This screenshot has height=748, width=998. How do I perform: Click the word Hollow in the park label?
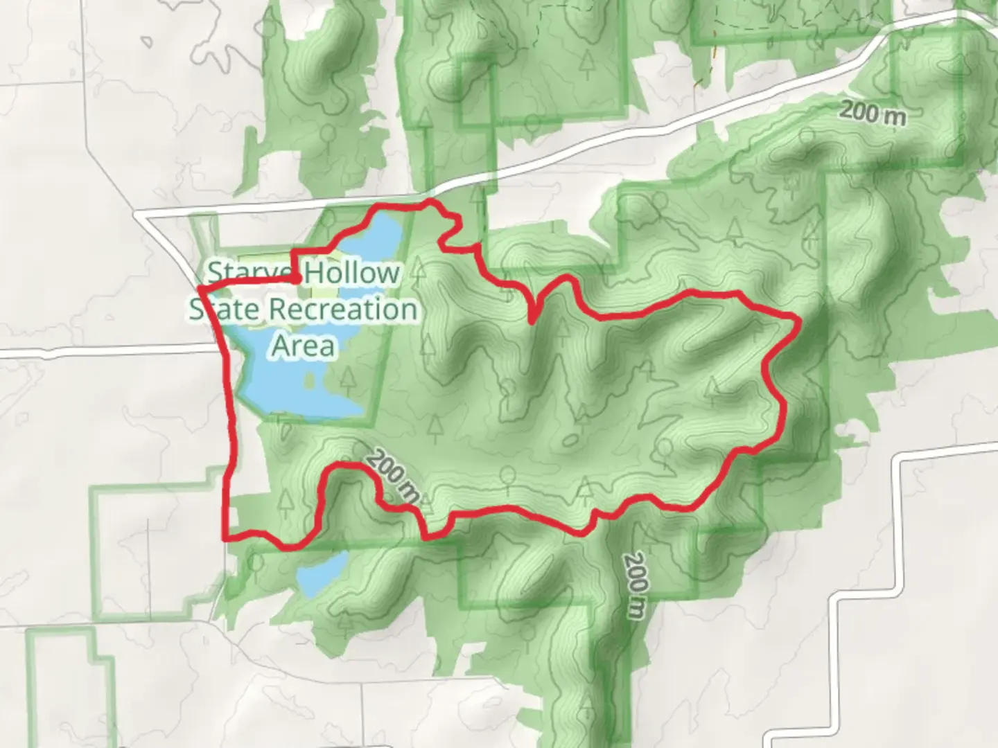tap(353, 272)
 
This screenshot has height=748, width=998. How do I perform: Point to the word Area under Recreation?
tap(304, 345)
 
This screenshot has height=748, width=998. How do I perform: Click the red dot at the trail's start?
tap(296, 279)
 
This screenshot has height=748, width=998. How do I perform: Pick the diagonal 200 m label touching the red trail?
tap(392, 476)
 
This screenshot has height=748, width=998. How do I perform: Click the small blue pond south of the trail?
tap(320, 574)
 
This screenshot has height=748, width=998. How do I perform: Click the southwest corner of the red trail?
tap(226, 537)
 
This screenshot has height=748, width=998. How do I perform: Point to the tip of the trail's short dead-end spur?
tap(532, 321)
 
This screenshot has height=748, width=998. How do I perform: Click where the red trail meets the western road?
tap(201, 287)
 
